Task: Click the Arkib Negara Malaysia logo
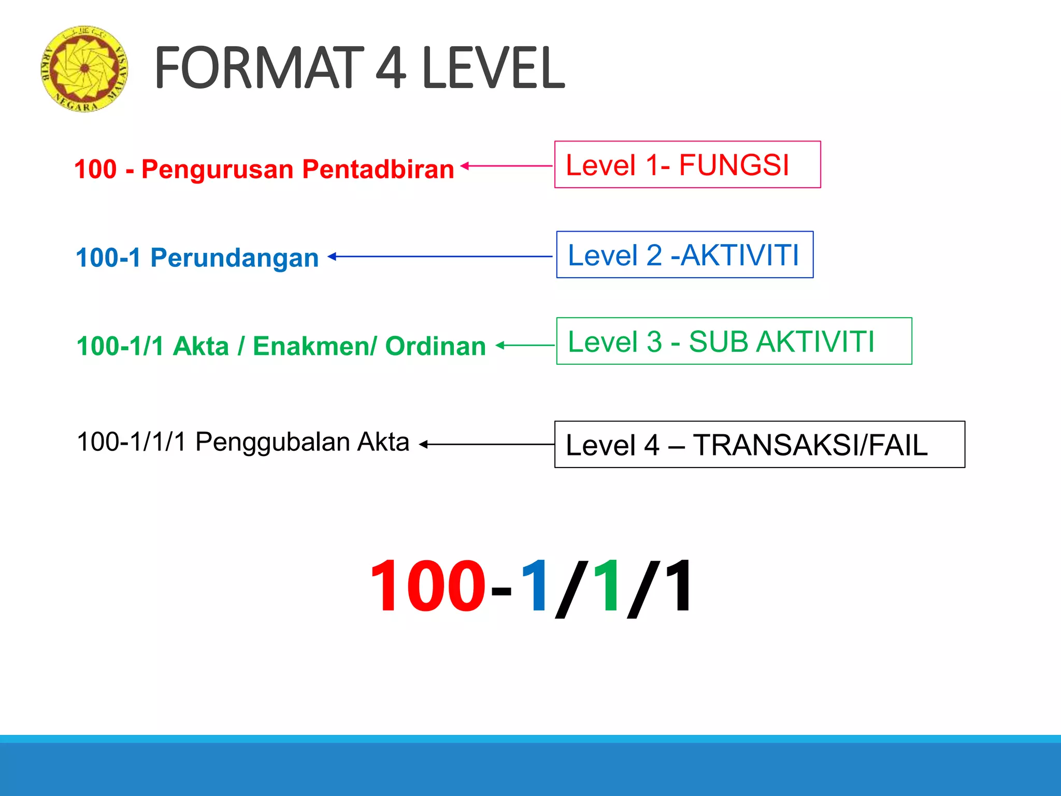pos(84,68)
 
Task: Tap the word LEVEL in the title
pos(493,68)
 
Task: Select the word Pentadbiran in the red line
pos(378,169)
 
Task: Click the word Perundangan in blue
pos(234,258)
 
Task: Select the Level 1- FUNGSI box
pos(687,165)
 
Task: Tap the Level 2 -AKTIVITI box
pos(684,255)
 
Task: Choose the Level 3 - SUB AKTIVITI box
pos(734,342)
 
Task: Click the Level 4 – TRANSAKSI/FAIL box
pos(759,445)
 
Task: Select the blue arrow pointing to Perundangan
pos(440,256)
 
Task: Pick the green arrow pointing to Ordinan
pos(525,345)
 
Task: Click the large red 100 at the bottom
pos(428,587)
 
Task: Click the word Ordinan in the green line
pos(435,346)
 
